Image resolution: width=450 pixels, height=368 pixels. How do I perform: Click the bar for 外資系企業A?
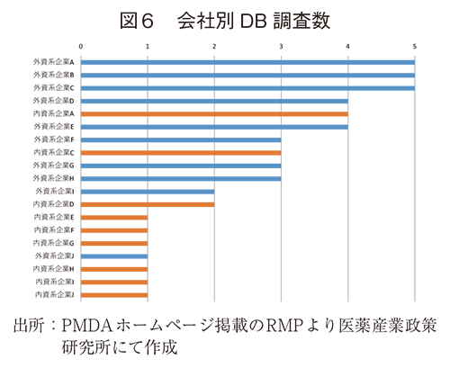[x=247, y=63]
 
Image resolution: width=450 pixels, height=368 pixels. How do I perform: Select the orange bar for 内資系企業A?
[x=214, y=114]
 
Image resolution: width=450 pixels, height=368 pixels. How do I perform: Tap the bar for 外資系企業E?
[x=214, y=127]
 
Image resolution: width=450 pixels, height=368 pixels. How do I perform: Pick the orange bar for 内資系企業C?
[x=181, y=153]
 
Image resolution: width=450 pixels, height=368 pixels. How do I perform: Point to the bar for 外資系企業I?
[x=148, y=192]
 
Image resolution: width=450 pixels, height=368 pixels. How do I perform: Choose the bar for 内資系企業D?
[x=148, y=204]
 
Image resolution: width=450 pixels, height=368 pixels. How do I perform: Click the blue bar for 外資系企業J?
[x=114, y=256]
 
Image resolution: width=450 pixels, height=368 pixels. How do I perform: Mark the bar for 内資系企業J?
[x=114, y=294]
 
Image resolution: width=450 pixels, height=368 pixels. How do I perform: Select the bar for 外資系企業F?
[x=181, y=140]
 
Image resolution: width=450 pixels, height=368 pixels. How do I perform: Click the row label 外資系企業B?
[x=54, y=76]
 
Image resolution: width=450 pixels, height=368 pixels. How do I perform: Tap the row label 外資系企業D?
[x=54, y=102]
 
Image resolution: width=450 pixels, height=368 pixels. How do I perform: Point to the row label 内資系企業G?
[x=54, y=243]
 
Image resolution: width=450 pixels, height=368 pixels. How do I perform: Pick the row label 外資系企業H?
[x=54, y=179]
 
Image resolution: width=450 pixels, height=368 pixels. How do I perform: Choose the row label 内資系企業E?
[x=54, y=218]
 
